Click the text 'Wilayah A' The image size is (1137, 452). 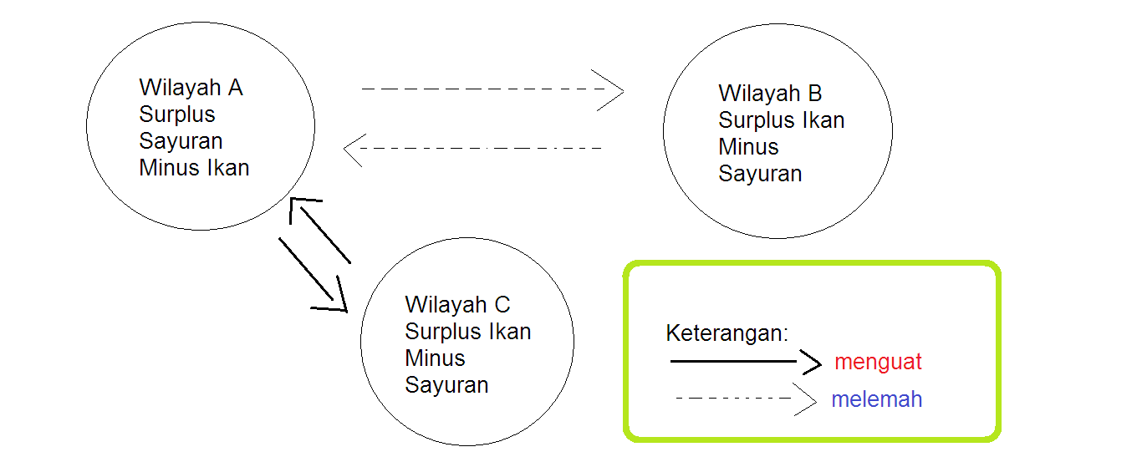point(191,88)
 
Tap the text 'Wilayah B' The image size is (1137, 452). point(770,94)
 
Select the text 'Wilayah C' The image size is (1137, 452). point(457,304)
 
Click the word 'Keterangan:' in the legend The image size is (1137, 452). point(727,333)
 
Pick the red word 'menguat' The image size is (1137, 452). point(878,362)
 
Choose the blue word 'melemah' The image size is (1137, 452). point(876,399)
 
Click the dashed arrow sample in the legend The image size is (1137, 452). point(744,399)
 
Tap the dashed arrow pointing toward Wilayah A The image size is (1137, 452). point(472,149)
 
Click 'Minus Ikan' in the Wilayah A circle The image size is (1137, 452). point(194,168)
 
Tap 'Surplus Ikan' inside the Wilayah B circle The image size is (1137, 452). point(781,120)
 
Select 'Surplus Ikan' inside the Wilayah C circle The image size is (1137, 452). point(467,331)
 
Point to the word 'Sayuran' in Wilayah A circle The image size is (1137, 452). point(181,141)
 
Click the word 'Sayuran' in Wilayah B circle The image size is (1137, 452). point(760,174)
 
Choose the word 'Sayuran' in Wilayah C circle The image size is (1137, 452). point(446,385)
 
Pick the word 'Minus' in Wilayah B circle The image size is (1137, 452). point(748,147)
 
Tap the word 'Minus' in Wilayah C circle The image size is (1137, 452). point(435,358)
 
